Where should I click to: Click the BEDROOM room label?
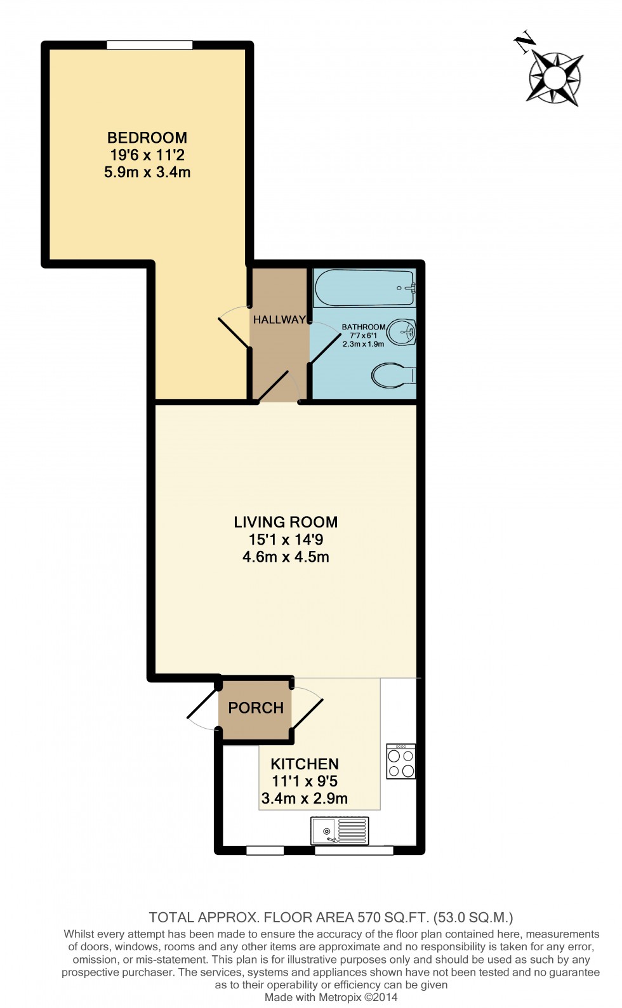pyautogui.click(x=147, y=138)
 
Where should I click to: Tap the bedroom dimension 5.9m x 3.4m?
pyautogui.click(x=147, y=172)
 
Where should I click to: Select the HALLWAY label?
pyautogui.click(x=279, y=320)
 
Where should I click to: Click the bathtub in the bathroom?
pyautogui.click(x=364, y=288)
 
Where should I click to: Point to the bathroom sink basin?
pyautogui.click(x=402, y=331)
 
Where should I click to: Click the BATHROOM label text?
pyautogui.click(x=364, y=327)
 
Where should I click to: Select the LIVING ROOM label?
pyautogui.click(x=286, y=522)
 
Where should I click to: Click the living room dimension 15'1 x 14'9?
pyautogui.click(x=286, y=540)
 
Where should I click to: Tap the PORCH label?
pyautogui.click(x=256, y=708)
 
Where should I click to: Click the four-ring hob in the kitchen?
pyautogui.click(x=401, y=762)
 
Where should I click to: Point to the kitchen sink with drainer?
pyautogui.click(x=340, y=830)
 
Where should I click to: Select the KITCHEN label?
pyautogui.click(x=305, y=764)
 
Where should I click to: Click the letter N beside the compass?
pyautogui.click(x=525, y=43)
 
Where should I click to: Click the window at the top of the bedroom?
pyautogui.click(x=150, y=45)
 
